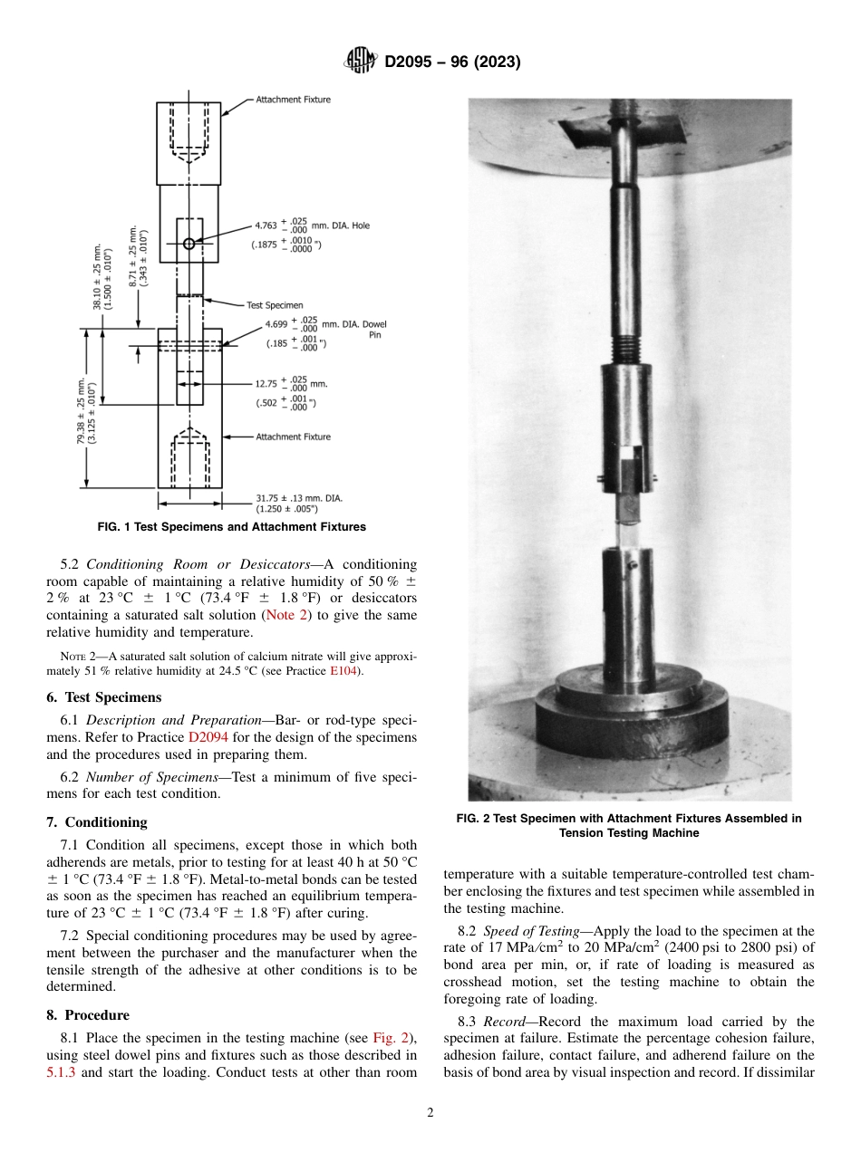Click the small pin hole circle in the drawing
tap(189, 244)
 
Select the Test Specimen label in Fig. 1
tap(275, 305)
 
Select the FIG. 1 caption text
tap(231, 526)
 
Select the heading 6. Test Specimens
tap(103, 697)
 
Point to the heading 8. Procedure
tap(87, 1014)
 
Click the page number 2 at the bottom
tap(430, 1113)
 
